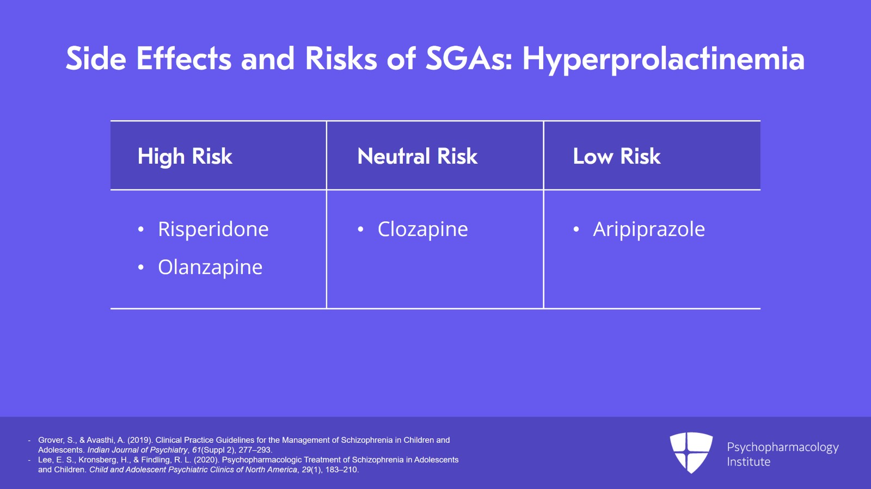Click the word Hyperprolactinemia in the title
tap(664, 59)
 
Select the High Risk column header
tap(185, 157)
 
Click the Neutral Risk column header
tap(417, 156)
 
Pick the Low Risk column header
tap(617, 156)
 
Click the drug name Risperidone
tap(213, 229)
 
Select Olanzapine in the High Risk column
tap(210, 267)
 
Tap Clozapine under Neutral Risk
tap(422, 229)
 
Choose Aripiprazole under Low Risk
tap(649, 229)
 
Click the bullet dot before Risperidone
tap(141, 230)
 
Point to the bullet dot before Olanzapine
tap(141, 268)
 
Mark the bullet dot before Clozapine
tap(360, 230)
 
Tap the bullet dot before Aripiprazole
tap(576, 230)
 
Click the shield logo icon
tap(691, 453)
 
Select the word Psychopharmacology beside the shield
tap(783, 448)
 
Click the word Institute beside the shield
tap(749, 462)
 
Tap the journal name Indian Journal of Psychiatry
tap(137, 450)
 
